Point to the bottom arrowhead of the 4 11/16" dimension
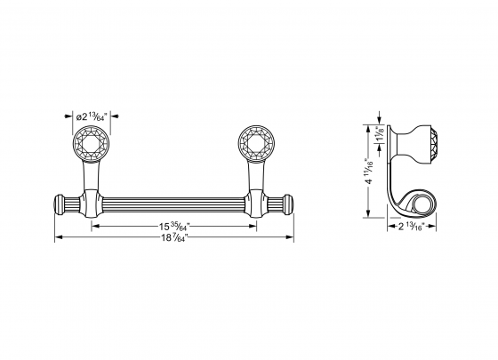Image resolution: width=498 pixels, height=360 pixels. click(370, 218)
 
